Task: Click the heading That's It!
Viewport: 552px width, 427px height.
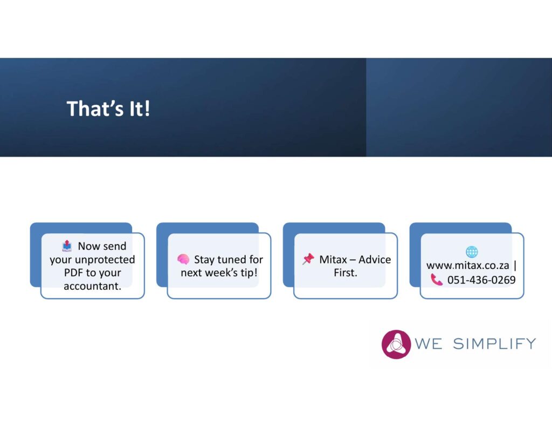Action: point(108,109)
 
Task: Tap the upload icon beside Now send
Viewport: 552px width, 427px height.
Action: point(67,246)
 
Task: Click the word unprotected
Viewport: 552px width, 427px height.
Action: point(105,260)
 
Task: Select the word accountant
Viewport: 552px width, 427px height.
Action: point(92,286)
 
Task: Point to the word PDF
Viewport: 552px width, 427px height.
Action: point(73,273)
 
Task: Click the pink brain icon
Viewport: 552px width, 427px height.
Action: point(183,259)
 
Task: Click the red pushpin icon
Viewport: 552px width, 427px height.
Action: point(308,259)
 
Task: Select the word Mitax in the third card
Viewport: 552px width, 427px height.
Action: point(333,260)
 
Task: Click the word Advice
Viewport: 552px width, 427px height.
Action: point(375,260)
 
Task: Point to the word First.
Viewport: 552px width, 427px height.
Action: point(346,273)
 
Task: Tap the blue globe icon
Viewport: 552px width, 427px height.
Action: point(472,252)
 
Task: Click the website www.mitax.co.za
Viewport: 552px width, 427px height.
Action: point(467,266)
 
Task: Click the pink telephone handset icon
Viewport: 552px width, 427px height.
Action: point(437,280)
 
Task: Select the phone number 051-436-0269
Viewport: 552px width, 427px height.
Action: point(481,280)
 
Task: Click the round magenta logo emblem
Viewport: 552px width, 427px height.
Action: point(396,344)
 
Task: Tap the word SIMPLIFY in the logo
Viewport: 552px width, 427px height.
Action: point(494,344)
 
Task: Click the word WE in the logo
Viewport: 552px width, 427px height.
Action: point(429,344)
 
